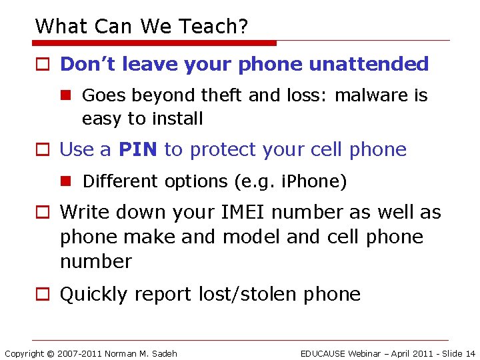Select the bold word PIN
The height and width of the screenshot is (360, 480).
click(138, 149)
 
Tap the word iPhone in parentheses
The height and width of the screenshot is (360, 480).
click(316, 181)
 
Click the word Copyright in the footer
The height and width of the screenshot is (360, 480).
click(24, 353)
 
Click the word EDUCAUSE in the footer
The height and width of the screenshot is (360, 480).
click(327, 353)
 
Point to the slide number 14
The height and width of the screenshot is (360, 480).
click(470, 353)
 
